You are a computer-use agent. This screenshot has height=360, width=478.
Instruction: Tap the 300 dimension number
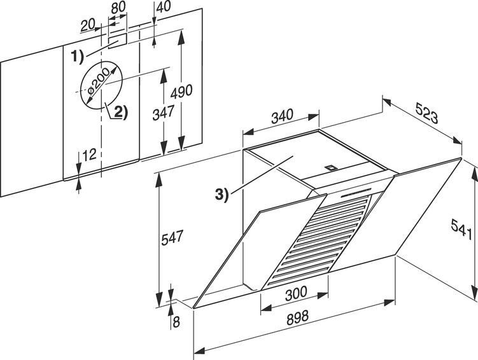coord(296,293)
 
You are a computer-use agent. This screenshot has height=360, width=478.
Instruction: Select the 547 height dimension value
coord(172,237)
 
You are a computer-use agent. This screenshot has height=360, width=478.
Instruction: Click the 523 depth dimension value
coord(426,113)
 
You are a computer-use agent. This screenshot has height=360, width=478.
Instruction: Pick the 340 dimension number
coord(282,115)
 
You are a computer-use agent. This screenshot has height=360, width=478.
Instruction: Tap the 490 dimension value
coord(181,92)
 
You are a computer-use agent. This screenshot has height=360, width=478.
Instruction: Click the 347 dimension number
coord(164,113)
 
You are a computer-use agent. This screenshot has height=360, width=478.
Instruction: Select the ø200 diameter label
coord(98,82)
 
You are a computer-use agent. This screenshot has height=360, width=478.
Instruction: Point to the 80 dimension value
coord(118,8)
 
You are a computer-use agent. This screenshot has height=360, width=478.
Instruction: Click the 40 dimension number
coord(164,6)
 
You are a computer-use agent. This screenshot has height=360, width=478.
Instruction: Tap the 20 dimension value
coord(88,26)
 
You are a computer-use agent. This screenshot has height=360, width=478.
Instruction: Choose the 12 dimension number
coord(89,155)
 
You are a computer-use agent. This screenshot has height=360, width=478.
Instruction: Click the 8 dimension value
coord(176,322)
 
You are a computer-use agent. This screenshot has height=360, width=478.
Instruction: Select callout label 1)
coord(77,57)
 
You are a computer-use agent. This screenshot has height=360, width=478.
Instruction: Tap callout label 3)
coord(221,195)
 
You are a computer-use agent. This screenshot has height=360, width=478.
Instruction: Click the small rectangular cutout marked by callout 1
coord(117,41)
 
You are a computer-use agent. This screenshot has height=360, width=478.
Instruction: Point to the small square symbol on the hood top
coord(330,167)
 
